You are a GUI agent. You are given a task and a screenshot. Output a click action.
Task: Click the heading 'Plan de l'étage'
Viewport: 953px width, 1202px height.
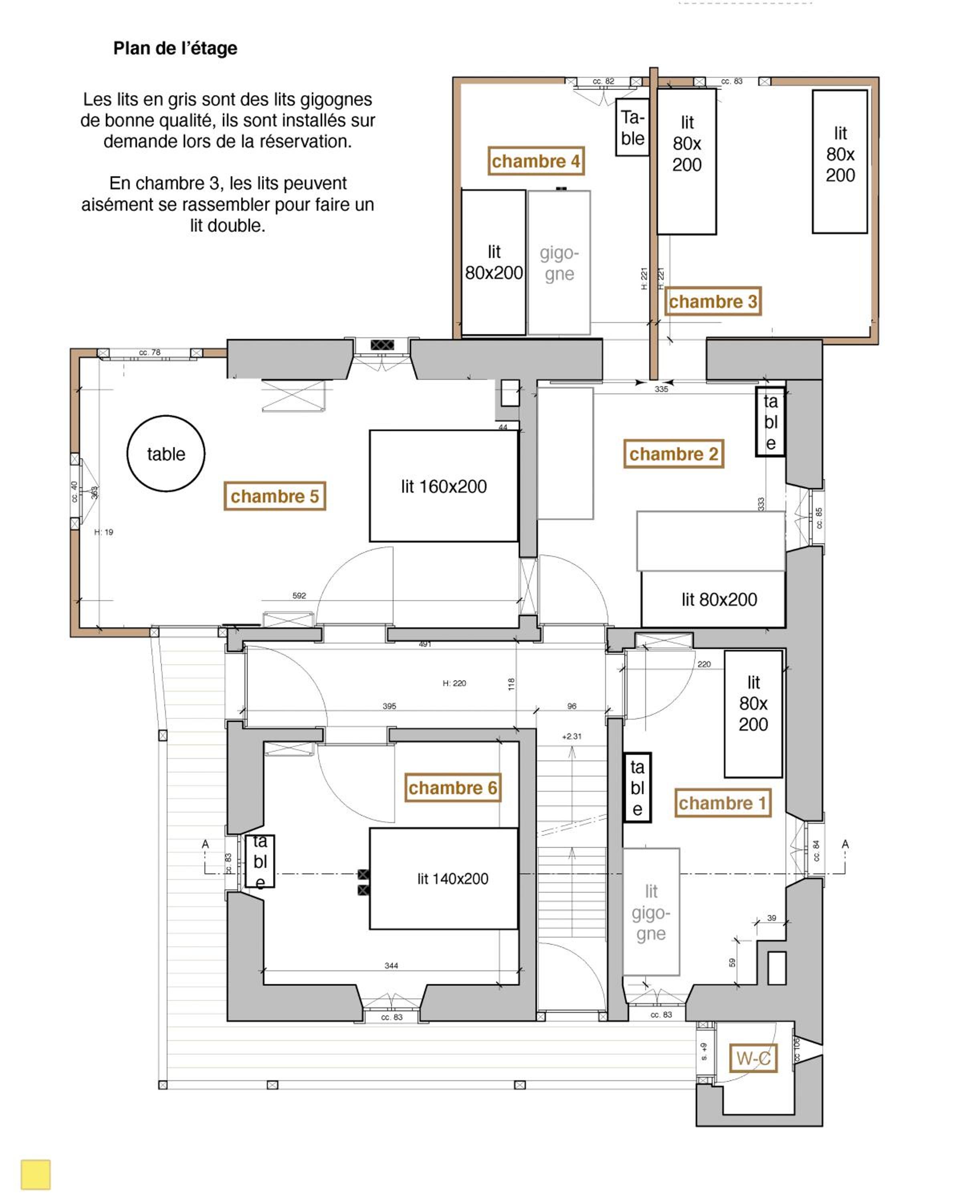coord(175,48)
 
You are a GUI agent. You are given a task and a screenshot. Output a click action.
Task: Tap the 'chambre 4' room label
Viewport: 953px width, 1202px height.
coord(535,161)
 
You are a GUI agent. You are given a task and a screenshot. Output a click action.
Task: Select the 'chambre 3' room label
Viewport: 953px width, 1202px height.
coord(713,302)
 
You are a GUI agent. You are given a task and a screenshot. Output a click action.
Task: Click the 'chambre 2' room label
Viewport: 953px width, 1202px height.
coord(673,454)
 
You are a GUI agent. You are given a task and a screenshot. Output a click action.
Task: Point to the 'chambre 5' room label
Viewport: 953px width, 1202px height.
coord(275,496)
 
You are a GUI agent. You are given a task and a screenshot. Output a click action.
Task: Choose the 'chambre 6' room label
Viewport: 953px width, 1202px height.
coord(452,787)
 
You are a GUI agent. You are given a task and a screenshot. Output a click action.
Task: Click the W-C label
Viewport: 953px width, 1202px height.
coord(753,1058)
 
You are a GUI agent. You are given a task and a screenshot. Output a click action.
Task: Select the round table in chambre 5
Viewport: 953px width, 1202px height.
coord(166,453)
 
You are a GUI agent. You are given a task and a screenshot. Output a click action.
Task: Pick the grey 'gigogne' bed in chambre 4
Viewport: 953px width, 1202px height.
coord(559,262)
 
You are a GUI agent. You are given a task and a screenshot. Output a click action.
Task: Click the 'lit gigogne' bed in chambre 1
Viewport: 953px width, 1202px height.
coord(651,912)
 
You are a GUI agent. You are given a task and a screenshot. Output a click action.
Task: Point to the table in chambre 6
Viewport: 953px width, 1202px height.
coord(260,860)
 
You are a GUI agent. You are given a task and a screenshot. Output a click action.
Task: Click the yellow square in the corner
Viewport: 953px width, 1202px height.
coord(36,1174)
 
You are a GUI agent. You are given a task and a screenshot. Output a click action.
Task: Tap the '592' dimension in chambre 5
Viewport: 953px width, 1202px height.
coord(299,595)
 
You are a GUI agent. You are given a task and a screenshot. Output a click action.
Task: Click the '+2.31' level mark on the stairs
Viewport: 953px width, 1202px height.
coord(571,736)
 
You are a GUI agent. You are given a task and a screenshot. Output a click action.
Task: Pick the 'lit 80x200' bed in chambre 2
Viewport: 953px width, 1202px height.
coord(713,599)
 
